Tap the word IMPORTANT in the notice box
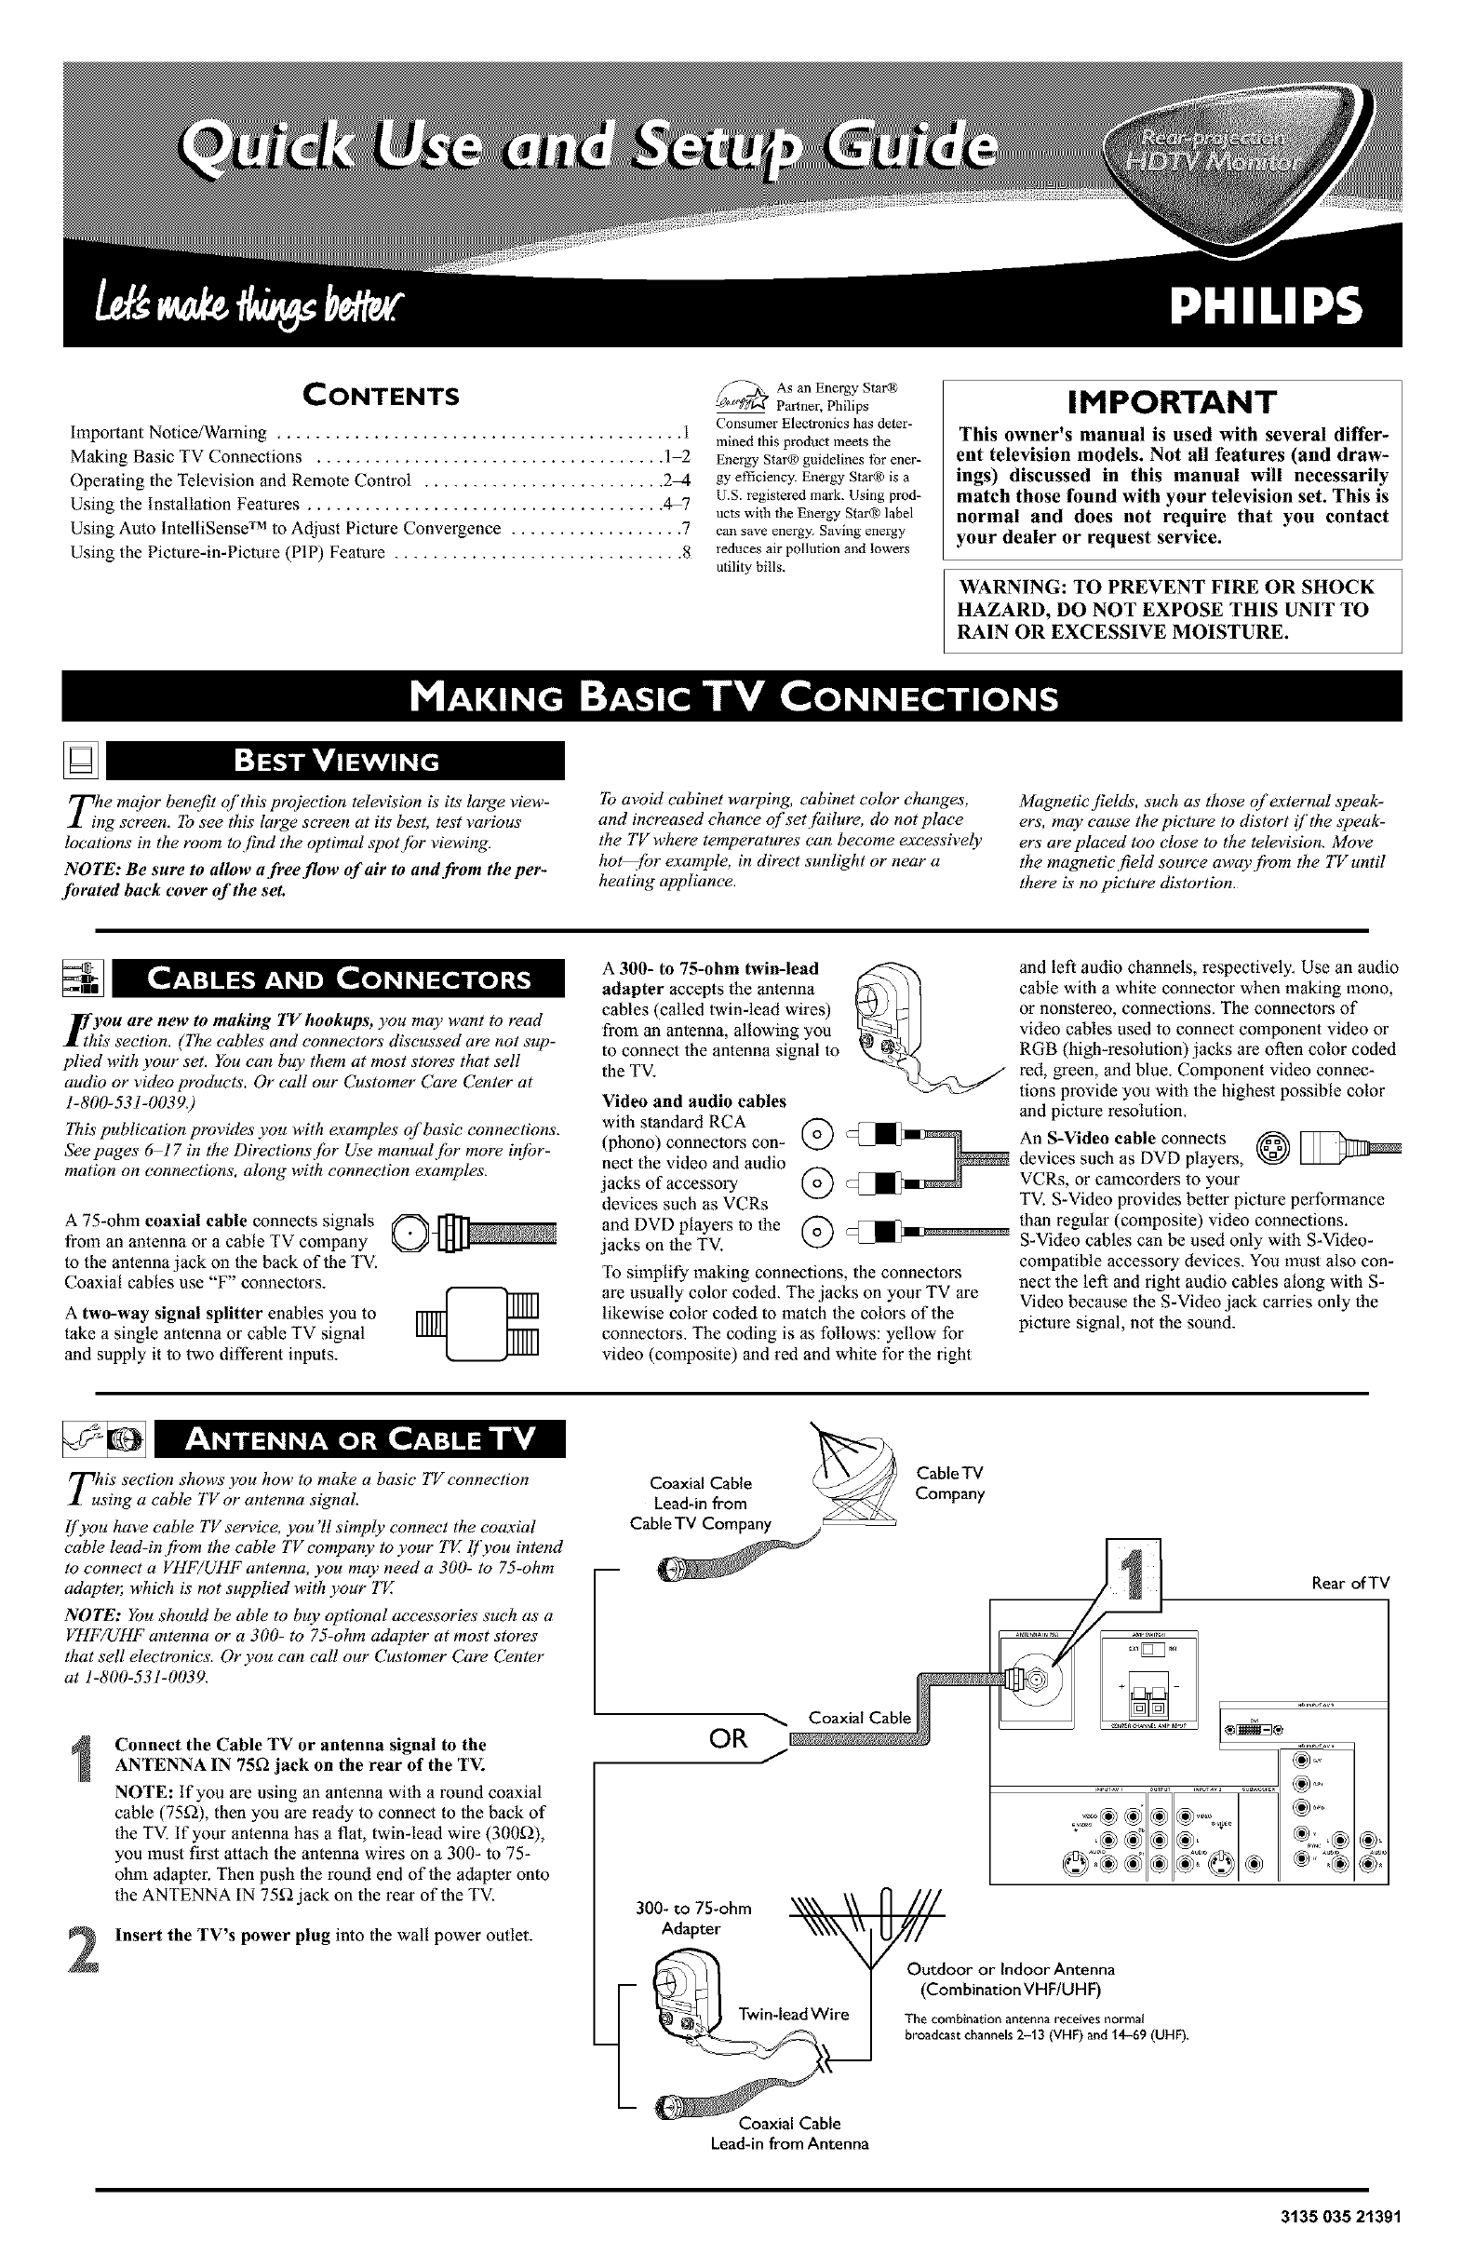[x=1172, y=402]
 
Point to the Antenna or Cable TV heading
[x=361, y=1439]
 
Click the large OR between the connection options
[x=730, y=1739]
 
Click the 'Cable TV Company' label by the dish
[x=950, y=1483]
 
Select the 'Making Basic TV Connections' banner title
[x=731, y=698]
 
